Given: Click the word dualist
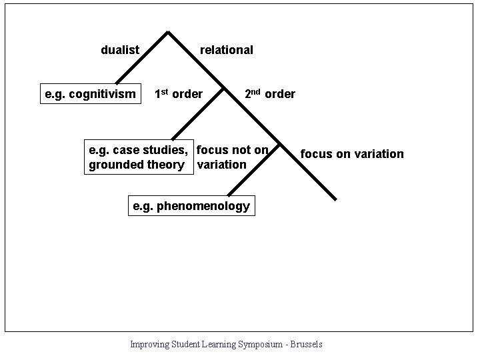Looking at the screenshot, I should click(120, 50).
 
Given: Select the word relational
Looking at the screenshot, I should click(226, 50).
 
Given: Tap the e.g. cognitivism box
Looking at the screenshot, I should click(90, 94).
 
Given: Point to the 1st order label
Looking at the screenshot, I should click(178, 94).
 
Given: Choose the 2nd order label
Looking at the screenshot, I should click(269, 94).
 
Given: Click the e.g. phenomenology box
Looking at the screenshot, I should click(191, 206).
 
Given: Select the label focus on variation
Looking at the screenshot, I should click(352, 154).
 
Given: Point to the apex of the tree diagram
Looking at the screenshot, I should click(168, 31).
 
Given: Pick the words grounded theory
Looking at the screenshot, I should click(136, 165).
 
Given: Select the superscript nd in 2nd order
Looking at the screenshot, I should click(256, 91).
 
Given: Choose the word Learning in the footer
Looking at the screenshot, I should click(219, 344).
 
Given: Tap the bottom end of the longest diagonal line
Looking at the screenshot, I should click(335, 199).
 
